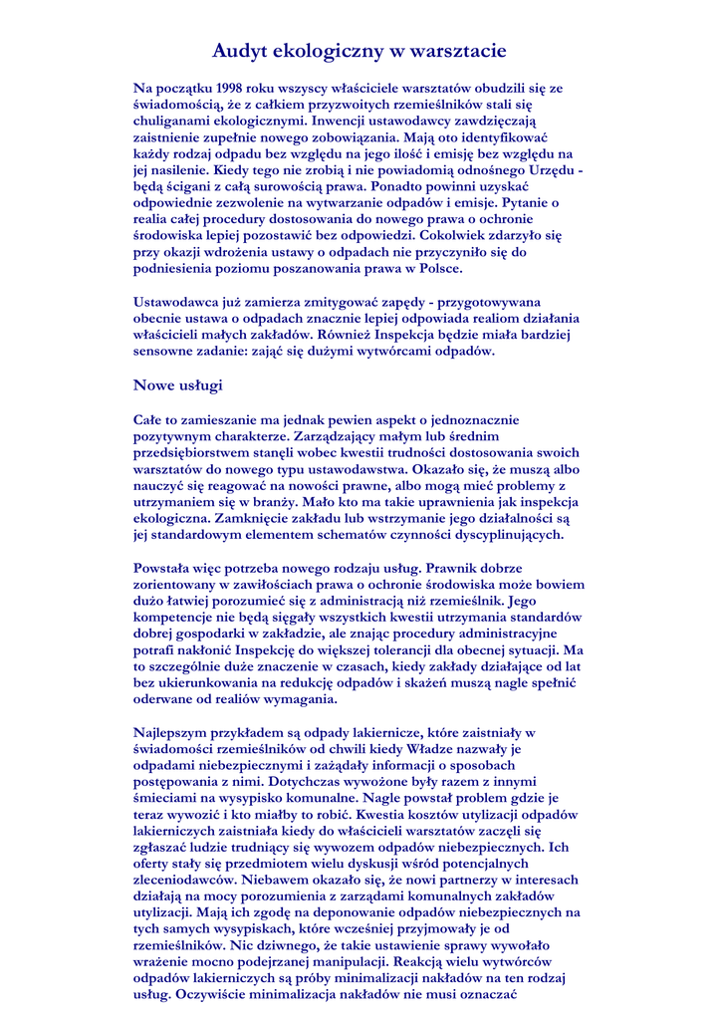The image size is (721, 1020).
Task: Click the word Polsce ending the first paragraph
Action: [x=436, y=268]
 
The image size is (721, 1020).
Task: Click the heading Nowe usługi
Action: [x=177, y=384]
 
